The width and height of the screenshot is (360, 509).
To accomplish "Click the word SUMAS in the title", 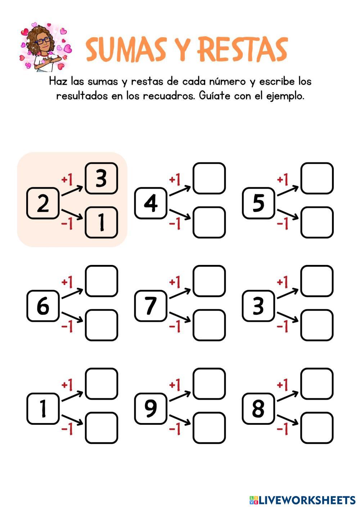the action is point(126,49).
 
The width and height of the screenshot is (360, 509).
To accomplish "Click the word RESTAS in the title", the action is point(243,49).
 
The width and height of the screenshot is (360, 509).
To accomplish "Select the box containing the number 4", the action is point(150,203).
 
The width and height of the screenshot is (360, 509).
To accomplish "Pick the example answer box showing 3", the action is point(101,178).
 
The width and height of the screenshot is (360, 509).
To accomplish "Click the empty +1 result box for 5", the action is point(317,178).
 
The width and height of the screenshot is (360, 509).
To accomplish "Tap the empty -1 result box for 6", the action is point(101,325).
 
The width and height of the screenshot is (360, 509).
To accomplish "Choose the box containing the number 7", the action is point(150,306).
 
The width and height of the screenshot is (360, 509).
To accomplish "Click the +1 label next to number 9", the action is point(175,385).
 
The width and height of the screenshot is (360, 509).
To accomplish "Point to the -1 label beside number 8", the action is point(283,429).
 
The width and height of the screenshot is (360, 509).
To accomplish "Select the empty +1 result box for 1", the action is point(101,384).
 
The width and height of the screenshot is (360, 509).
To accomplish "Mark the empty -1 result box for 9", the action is point(209,428).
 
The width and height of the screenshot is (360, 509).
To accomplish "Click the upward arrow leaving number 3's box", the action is point(287,293).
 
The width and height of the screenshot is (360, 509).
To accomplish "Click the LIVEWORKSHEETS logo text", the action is point(306,500).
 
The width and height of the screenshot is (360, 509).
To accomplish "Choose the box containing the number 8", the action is point(258,409).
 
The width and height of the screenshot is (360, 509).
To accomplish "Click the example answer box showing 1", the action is point(101,222).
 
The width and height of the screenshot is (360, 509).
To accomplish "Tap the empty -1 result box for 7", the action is point(209,325).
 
